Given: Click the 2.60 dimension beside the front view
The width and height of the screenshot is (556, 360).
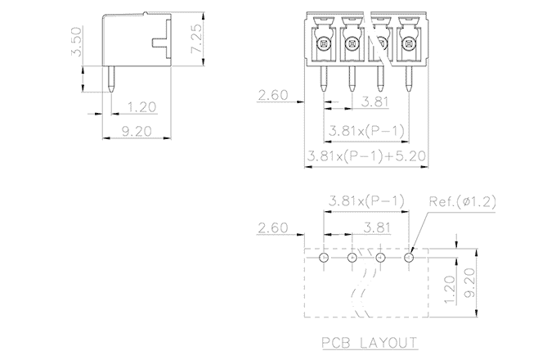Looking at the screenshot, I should tap(272, 97).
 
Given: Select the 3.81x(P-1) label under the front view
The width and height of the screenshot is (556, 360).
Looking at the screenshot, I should tap(365, 129).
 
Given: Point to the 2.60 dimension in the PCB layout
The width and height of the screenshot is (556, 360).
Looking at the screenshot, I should tap(272, 227).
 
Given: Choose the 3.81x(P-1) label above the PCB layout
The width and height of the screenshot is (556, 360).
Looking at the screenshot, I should tap(365, 201).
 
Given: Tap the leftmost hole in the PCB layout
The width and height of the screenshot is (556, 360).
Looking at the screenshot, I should tap(324, 258).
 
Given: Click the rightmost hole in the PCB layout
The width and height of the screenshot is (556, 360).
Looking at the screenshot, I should tap(409, 258).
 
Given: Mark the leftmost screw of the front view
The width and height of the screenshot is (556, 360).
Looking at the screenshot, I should tap(323, 43).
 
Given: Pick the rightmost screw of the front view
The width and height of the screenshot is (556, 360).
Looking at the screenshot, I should tap(408, 43).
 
